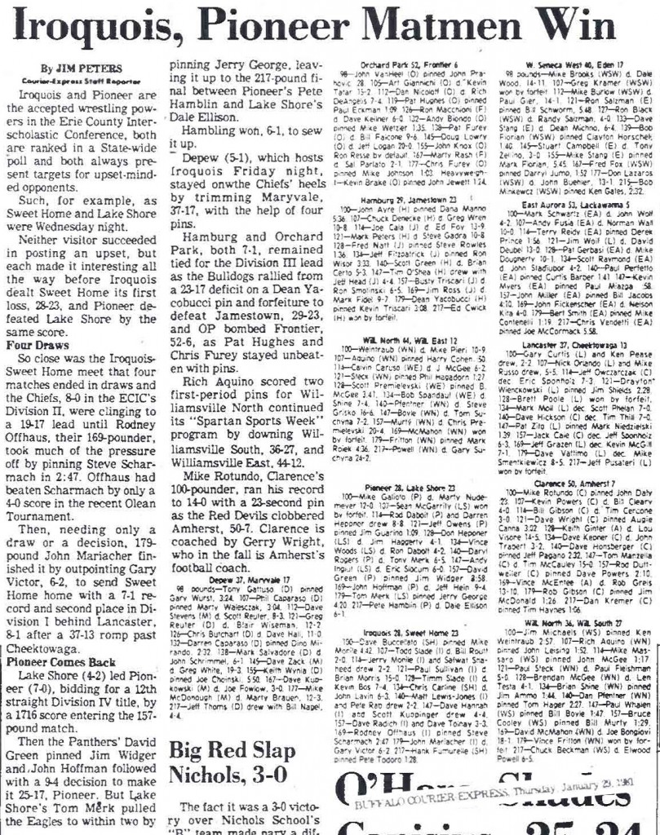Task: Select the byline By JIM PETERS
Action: pos(82,69)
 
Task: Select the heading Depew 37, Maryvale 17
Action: pos(249,602)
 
